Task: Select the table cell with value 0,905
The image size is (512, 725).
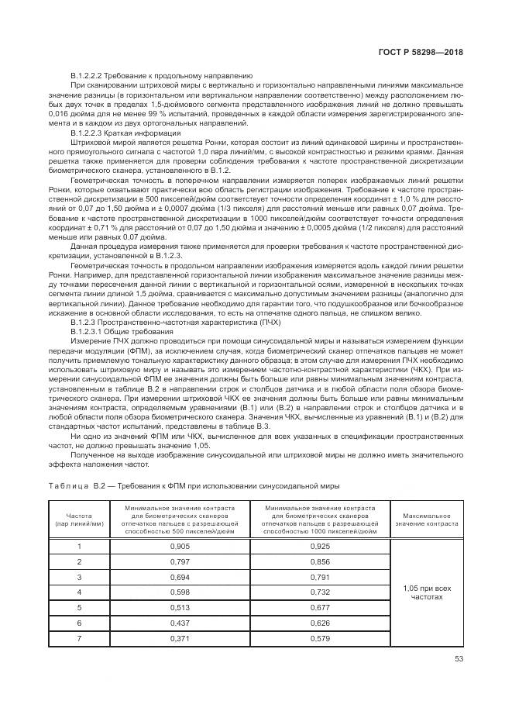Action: point(180,546)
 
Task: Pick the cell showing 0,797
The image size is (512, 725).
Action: point(180,561)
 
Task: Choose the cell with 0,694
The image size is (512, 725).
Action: point(180,577)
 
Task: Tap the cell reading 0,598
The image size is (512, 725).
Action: point(180,592)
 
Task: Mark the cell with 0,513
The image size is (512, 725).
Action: point(180,607)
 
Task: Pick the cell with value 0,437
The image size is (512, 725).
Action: point(180,623)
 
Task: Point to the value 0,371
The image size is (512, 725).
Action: point(180,638)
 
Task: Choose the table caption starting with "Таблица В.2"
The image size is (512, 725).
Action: point(194,485)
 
